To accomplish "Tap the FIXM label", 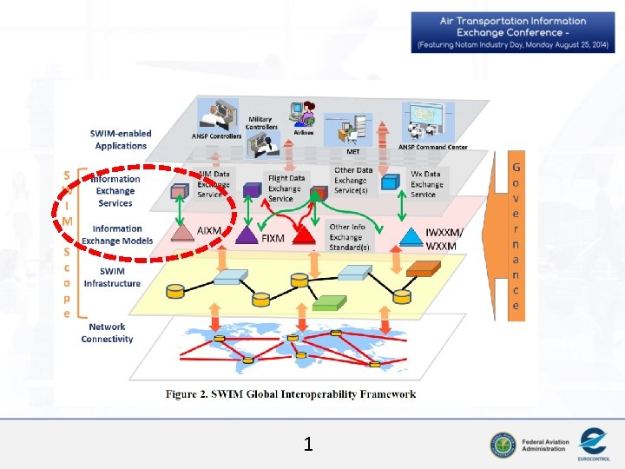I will (x=273, y=236).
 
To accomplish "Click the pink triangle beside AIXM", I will (x=181, y=233).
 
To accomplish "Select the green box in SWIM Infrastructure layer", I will (x=328, y=302).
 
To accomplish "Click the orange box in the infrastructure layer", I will (x=424, y=269).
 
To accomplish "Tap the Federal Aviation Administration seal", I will (x=502, y=445).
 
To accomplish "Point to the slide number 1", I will (x=308, y=446).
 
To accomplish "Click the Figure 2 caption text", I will (x=291, y=394).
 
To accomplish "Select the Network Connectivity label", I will (x=108, y=334).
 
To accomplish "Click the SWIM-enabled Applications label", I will (x=121, y=140).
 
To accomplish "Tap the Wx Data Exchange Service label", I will (x=426, y=184).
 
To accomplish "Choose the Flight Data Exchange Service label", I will (x=286, y=188).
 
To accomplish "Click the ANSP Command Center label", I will (x=433, y=147).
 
